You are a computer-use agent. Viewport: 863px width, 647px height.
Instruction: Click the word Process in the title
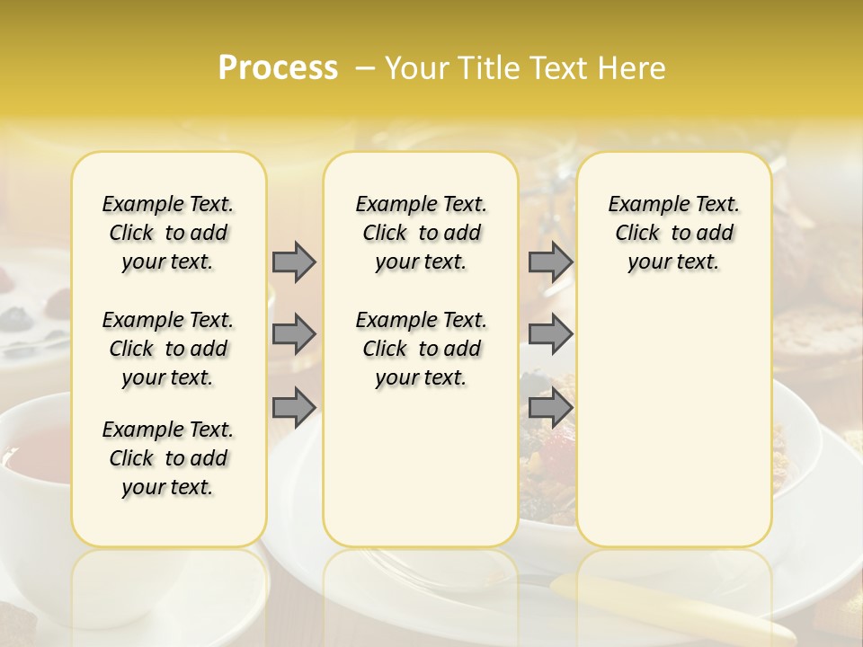278,67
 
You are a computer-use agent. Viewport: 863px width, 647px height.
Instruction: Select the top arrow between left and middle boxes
294,261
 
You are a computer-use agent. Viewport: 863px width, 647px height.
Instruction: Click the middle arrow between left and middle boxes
294,334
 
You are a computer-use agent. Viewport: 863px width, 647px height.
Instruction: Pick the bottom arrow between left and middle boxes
294,407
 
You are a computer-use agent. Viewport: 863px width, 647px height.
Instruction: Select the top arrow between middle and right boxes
550,261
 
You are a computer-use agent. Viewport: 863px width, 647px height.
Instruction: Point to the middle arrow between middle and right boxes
550,334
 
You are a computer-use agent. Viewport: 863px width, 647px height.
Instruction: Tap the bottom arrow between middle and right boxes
550,407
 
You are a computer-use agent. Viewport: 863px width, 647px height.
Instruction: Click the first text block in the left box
168,233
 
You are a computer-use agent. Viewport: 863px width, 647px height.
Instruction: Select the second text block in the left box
168,349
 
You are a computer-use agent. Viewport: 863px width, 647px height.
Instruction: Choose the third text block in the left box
168,458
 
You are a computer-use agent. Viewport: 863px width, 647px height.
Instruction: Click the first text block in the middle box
421,233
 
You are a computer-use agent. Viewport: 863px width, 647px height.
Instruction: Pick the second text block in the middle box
421,349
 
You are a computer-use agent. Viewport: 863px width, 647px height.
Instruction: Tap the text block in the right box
673,233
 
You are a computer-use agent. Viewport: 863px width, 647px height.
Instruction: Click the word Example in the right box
644,205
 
